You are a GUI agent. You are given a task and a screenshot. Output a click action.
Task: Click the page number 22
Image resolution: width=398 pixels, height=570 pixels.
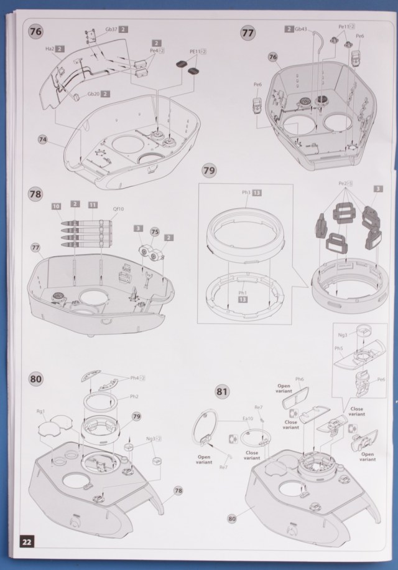pyautogui.click(x=27, y=541)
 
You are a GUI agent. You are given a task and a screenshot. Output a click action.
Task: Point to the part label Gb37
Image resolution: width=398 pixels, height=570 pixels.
pyautogui.click(x=111, y=29)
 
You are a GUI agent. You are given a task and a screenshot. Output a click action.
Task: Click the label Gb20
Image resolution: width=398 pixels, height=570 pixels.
pyautogui.click(x=93, y=93)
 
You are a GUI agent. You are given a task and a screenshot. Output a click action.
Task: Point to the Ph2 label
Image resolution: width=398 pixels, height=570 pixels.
pyautogui.click(x=134, y=396)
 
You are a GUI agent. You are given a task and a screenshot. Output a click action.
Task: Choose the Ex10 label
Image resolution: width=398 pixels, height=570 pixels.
pyautogui.click(x=248, y=419)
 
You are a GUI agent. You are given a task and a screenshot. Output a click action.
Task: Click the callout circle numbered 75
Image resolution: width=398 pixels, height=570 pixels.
pyautogui.click(x=155, y=230)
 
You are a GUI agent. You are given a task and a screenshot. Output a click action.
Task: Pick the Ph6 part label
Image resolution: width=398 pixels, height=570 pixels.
pyautogui.click(x=300, y=379)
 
